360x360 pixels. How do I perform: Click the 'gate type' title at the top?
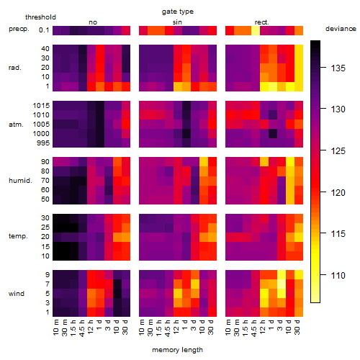click(178, 12)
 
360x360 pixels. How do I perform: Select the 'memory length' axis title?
click(177, 350)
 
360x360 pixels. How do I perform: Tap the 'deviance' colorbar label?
click(341, 29)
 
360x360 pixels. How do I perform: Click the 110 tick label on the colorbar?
click(338, 275)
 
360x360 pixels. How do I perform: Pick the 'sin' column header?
click(177, 22)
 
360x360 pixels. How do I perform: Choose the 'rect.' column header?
click(261, 22)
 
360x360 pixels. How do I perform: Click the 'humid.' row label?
click(20, 181)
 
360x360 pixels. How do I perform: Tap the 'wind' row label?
click(17, 294)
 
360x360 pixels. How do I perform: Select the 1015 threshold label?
click(41, 106)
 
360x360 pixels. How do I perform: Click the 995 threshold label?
click(43, 143)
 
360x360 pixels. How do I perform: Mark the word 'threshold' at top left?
click(40, 17)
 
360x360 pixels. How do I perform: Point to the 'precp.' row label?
click(19, 29)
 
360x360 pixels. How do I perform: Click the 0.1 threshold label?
click(44, 30)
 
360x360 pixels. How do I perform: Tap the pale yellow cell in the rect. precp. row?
click(256, 31)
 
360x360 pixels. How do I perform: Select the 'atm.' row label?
click(16, 125)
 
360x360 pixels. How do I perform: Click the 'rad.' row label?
click(15, 68)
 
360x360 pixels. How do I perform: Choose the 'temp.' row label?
click(18, 236)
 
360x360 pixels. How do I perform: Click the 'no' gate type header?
click(93, 22)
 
